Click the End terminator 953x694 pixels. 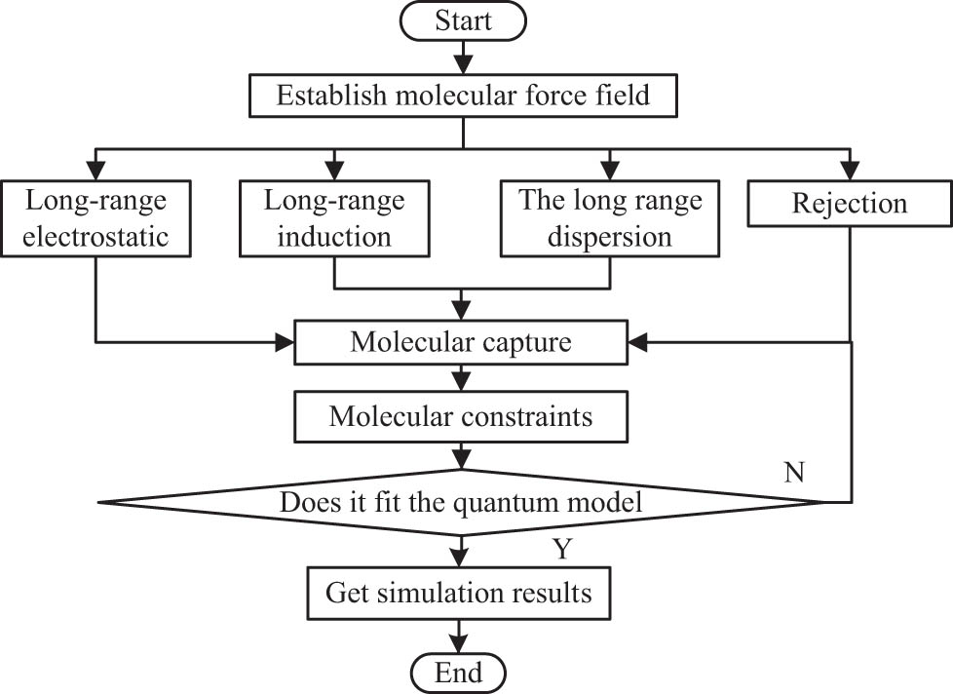459,672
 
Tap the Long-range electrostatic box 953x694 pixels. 95,218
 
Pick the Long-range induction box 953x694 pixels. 334,218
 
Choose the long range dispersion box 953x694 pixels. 610,218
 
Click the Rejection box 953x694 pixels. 850,204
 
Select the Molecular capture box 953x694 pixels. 461,342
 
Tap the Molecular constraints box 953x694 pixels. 461,416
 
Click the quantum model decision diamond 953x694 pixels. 461,502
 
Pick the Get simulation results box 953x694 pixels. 459,591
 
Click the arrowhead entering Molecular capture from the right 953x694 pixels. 638,342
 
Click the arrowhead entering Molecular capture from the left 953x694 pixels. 285,342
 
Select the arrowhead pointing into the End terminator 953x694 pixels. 459,644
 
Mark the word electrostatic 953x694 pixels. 95,236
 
